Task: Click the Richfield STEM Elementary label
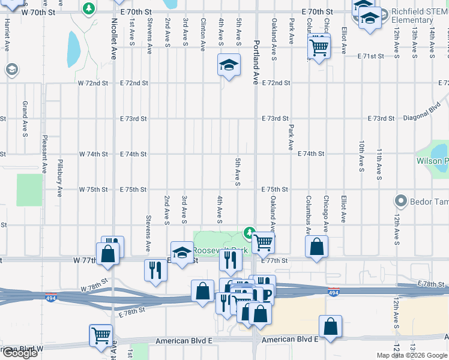click(412, 16)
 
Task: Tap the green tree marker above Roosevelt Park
click(249, 232)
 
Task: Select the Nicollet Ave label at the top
click(114, 30)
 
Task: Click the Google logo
click(20, 353)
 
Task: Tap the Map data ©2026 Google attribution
click(412, 355)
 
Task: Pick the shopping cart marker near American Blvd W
click(101, 335)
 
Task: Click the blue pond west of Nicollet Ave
click(73, 49)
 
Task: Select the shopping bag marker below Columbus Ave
click(316, 246)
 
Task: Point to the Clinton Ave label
click(203, 33)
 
